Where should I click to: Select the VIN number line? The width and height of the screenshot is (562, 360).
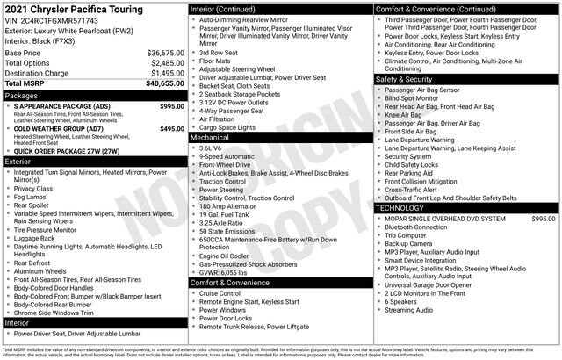point(52,20)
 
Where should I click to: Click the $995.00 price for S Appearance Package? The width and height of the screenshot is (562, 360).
point(172,105)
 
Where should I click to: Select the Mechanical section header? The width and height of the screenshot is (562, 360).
point(211,138)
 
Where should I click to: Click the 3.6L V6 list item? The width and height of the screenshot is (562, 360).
point(211,148)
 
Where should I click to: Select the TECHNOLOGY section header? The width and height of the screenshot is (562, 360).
point(405,207)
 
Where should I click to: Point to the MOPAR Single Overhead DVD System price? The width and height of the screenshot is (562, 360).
point(543,218)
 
